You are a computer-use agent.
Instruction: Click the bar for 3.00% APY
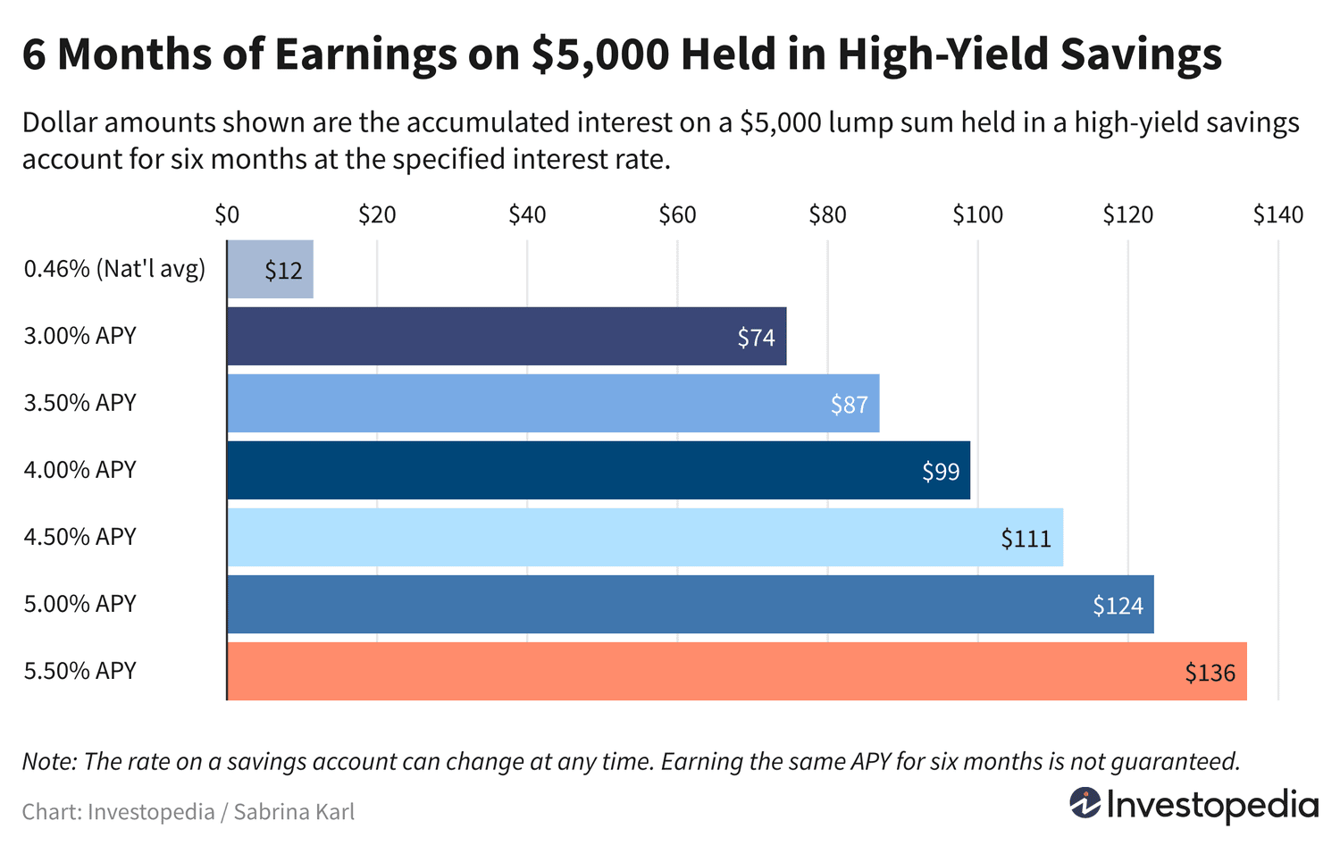coord(507,336)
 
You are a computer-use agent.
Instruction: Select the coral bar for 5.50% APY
coord(736,671)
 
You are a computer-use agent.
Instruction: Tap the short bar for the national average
coord(270,269)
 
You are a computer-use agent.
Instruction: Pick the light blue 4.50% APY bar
coord(644,537)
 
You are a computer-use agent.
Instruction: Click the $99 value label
coord(941,472)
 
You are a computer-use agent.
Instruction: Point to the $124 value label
coord(1118,606)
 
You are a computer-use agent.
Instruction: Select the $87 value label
coord(849,405)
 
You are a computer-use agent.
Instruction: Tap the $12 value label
coord(283,271)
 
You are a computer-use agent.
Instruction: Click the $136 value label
coord(1210,673)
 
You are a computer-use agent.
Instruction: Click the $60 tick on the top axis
coord(677,214)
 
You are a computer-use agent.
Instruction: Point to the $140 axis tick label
coord(1277,214)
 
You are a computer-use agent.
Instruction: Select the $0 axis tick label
coord(227,214)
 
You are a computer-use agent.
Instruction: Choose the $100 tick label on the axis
coord(977,214)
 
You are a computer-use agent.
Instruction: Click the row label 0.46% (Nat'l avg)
coord(114,269)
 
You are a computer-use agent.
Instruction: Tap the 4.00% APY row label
coord(80,470)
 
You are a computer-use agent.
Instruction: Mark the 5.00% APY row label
coord(80,604)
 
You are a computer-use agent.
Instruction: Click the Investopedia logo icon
coord(1085,803)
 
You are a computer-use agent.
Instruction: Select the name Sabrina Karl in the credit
coord(294,812)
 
